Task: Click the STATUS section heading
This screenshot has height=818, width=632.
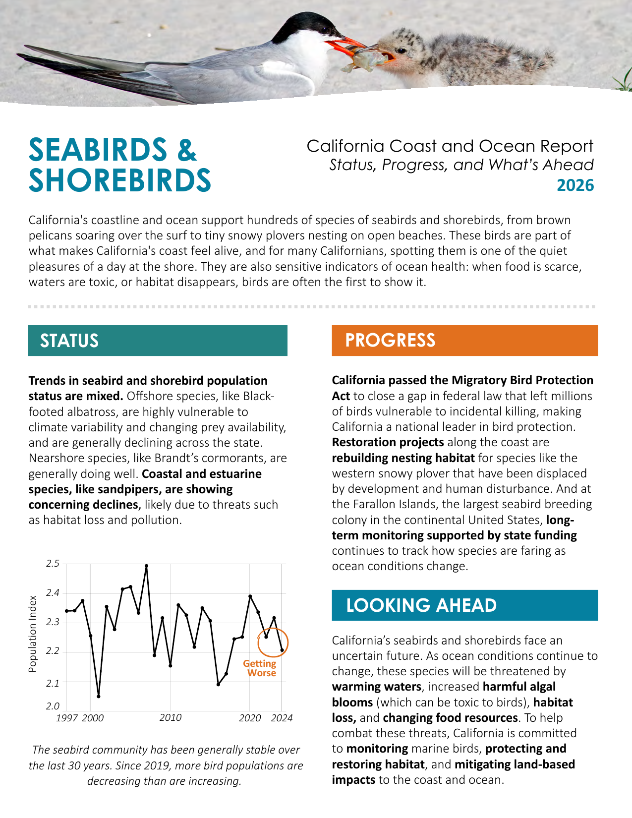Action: [69, 341]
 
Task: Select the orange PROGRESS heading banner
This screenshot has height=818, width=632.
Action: [464, 341]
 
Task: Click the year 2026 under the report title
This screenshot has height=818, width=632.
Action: [575, 185]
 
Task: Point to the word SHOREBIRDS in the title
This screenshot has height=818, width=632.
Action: [120, 180]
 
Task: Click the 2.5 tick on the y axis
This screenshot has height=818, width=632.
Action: [53, 564]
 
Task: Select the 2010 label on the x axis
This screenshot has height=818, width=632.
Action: [170, 718]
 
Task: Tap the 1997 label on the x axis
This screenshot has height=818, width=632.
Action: [66, 718]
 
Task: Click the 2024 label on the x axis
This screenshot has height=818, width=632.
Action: [282, 718]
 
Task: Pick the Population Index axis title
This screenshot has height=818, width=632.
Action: [33, 634]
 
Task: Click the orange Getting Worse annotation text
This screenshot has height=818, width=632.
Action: [260, 668]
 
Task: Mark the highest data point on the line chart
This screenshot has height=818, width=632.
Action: [146, 566]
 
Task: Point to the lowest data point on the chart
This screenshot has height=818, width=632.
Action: [99, 697]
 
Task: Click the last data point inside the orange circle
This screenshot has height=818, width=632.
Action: [282, 650]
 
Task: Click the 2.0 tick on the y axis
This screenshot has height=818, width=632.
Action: [53, 706]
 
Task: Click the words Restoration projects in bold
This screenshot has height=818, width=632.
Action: [388, 442]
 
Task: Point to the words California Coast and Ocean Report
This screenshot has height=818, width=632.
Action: [450, 146]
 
